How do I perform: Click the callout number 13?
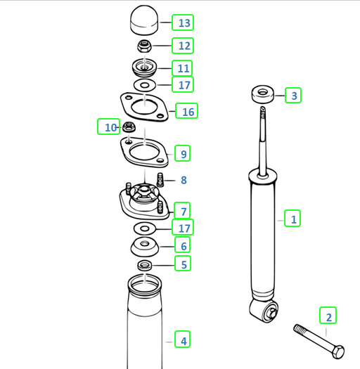click(x=184, y=23)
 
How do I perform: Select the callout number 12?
click(x=184, y=46)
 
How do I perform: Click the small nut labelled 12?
click(x=144, y=46)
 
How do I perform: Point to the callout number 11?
click(x=183, y=68)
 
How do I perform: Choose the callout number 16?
click(x=187, y=111)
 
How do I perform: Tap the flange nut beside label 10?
click(x=129, y=128)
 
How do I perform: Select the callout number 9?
click(x=182, y=153)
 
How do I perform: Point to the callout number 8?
click(x=183, y=180)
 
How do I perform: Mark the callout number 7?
click(x=182, y=210)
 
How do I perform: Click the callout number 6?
click(x=183, y=245)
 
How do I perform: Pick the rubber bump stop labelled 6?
click(x=144, y=248)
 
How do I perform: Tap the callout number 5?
click(x=183, y=265)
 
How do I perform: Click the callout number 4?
click(x=182, y=341)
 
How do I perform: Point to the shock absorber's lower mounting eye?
click(x=267, y=313)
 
